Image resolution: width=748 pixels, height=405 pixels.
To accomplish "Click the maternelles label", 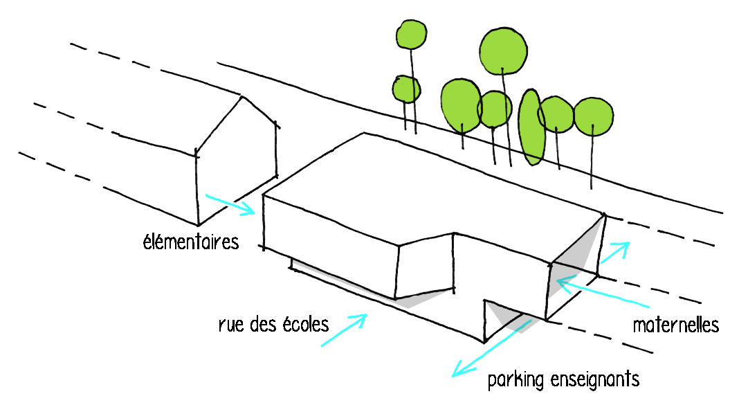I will click(x=676, y=325).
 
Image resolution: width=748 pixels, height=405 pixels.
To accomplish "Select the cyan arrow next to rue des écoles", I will click(x=344, y=329).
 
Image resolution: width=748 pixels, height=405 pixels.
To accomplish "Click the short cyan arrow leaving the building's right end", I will click(x=614, y=253).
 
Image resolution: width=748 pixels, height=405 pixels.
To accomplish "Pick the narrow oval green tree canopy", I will click(x=531, y=127).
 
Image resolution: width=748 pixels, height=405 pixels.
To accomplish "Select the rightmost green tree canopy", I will click(x=594, y=116).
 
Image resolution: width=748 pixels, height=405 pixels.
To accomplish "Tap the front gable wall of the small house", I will click(x=235, y=163).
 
